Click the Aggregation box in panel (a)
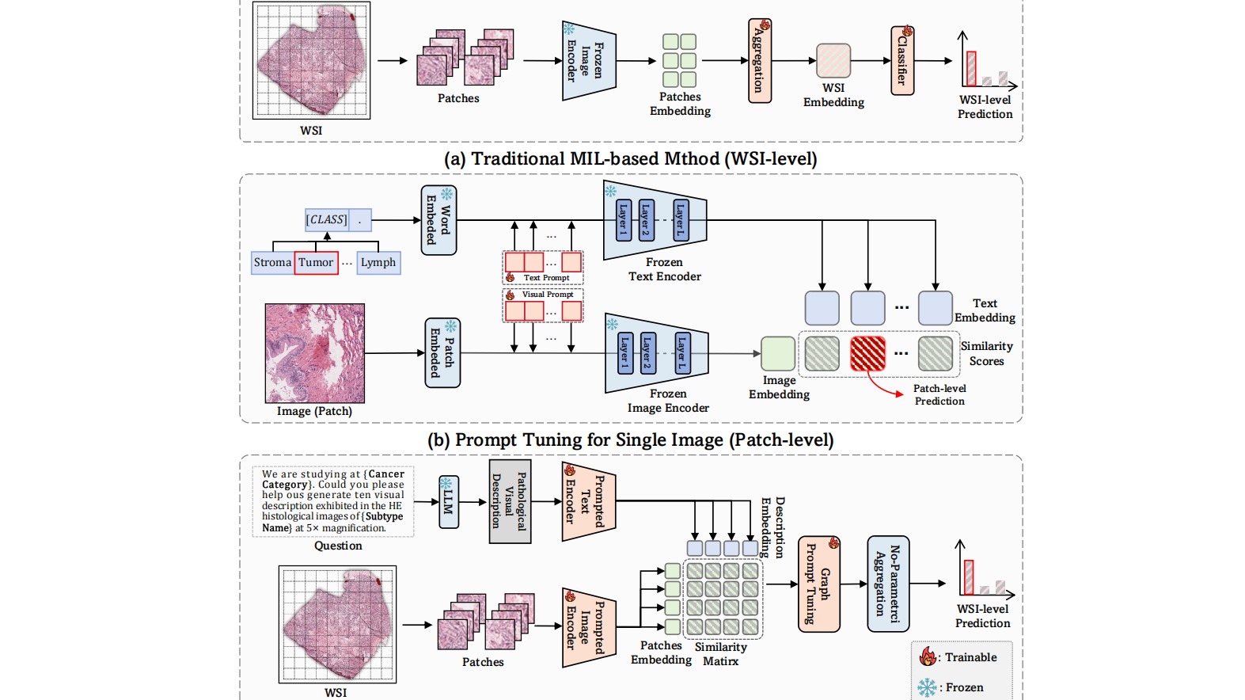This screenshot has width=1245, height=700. [759, 62]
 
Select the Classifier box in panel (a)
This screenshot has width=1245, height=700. [902, 61]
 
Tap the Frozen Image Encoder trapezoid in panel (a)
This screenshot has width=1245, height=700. [588, 61]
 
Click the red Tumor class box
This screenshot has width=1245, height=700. [316, 263]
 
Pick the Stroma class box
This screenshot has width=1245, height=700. [272, 263]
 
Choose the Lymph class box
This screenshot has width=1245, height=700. [378, 263]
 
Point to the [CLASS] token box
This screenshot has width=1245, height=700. [327, 220]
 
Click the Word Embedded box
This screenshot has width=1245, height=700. [438, 220]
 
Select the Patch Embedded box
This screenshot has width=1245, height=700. [442, 353]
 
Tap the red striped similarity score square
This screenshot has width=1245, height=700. [867, 354]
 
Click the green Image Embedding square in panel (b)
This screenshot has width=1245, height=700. [778, 354]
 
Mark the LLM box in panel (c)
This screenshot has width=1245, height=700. [449, 502]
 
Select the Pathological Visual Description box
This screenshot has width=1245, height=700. [510, 502]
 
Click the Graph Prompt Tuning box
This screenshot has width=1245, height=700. [818, 584]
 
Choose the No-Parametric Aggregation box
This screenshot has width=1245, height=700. [887, 584]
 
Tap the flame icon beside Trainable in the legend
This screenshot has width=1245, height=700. [928, 656]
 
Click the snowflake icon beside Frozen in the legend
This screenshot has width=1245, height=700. [927, 687]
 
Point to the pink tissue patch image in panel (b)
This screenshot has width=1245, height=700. [315, 353]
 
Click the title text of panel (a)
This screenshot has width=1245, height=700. [630, 159]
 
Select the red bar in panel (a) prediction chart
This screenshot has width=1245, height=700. [971, 69]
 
